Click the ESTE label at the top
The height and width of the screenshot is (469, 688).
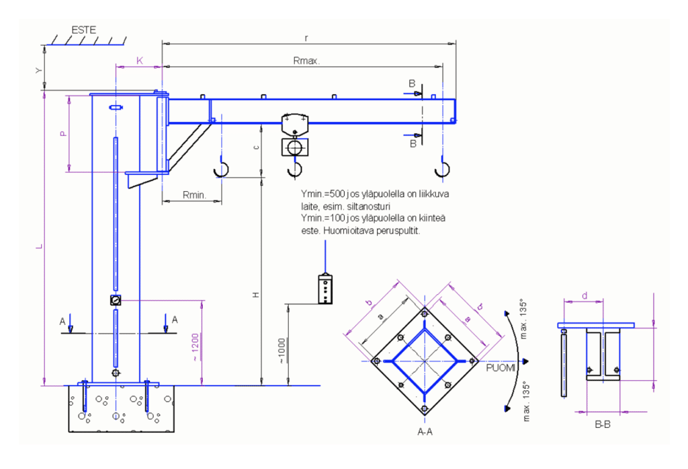(x=84, y=30)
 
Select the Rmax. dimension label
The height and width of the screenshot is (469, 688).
(x=306, y=61)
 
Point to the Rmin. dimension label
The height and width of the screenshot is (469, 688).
(x=193, y=194)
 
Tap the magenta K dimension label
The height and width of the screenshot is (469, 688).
(x=139, y=61)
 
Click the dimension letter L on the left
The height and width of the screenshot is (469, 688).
(x=40, y=248)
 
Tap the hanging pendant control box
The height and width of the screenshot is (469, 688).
(x=326, y=289)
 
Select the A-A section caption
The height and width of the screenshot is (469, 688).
(x=425, y=431)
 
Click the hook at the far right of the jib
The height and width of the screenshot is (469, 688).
(x=441, y=168)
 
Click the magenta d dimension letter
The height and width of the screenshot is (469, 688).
(x=584, y=295)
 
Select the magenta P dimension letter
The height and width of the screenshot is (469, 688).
(x=63, y=133)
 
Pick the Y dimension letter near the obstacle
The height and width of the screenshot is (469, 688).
(x=40, y=69)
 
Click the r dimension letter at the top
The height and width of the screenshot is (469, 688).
(x=306, y=38)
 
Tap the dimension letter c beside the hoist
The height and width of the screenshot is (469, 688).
(x=256, y=147)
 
